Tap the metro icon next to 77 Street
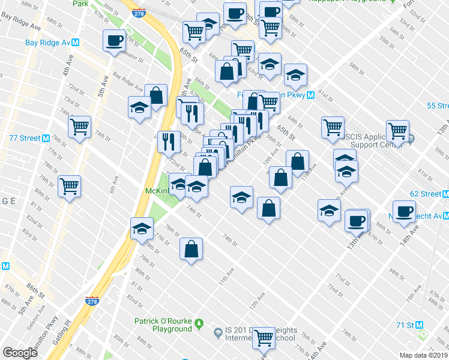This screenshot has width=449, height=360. coord(46,138)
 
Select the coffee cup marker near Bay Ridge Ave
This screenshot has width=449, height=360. coord(114,41)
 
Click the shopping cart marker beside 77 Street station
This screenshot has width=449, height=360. coord(79,127)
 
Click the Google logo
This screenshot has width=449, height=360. coord(20,352)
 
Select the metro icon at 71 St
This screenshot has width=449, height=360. coord(420,325)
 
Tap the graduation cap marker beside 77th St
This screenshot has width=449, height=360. coord(142,229)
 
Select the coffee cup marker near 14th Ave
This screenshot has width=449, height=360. coord(405,211)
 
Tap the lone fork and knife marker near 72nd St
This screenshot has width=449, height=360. coord(168,142)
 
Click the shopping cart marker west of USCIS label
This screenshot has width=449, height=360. coord(333,127)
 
